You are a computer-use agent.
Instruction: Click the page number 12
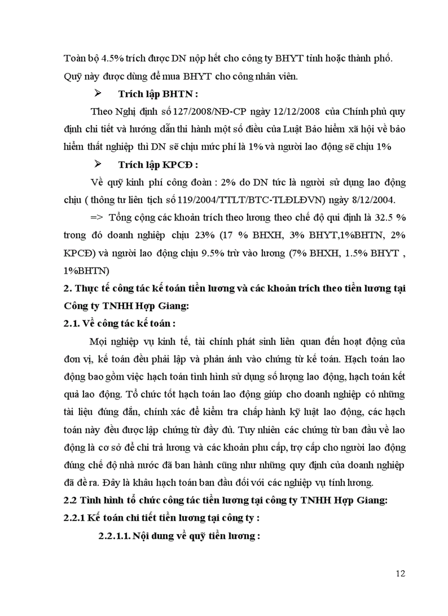[400, 574]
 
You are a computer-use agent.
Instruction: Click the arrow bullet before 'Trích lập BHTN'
[98, 93]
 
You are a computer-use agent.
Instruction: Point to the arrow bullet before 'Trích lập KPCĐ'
[98, 165]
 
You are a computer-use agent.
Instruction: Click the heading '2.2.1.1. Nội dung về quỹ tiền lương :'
[179, 535]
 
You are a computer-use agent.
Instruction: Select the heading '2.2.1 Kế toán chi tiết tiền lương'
[162, 518]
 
